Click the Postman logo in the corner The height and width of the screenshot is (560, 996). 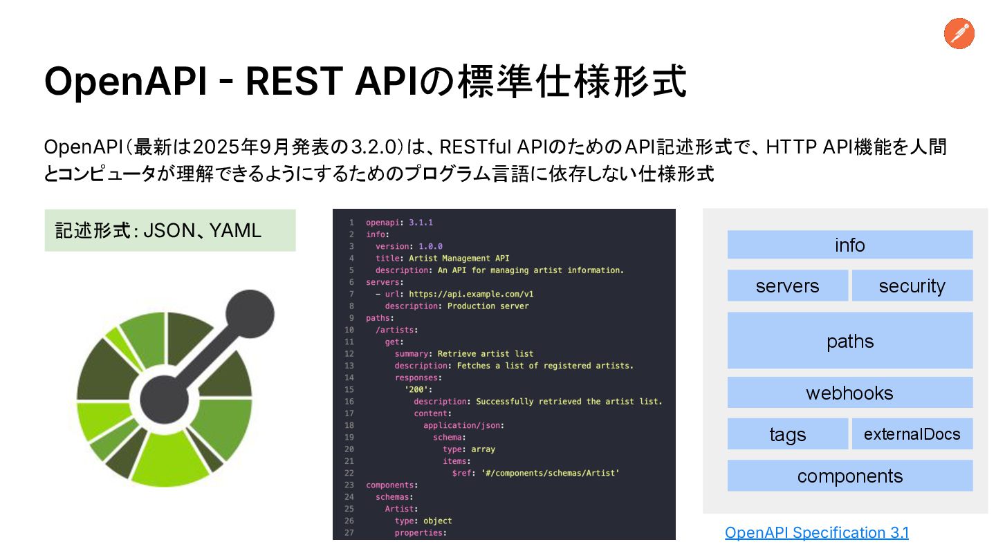tap(959, 34)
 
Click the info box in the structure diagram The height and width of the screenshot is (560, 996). tap(849, 245)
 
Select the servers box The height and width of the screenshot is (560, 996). tap(787, 286)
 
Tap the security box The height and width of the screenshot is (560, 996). tap(912, 286)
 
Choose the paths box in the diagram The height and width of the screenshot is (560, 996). tap(849, 341)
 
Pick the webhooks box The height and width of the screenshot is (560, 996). tap(849, 393)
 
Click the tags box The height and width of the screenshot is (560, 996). tap(787, 434)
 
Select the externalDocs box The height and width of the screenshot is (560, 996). tap(912, 434)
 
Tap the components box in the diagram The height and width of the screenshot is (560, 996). tap(849, 476)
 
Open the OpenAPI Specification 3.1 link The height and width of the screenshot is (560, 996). tap(816, 532)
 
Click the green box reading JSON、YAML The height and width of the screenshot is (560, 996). tap(169, 230)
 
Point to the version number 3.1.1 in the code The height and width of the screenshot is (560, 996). tap(421, 223)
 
